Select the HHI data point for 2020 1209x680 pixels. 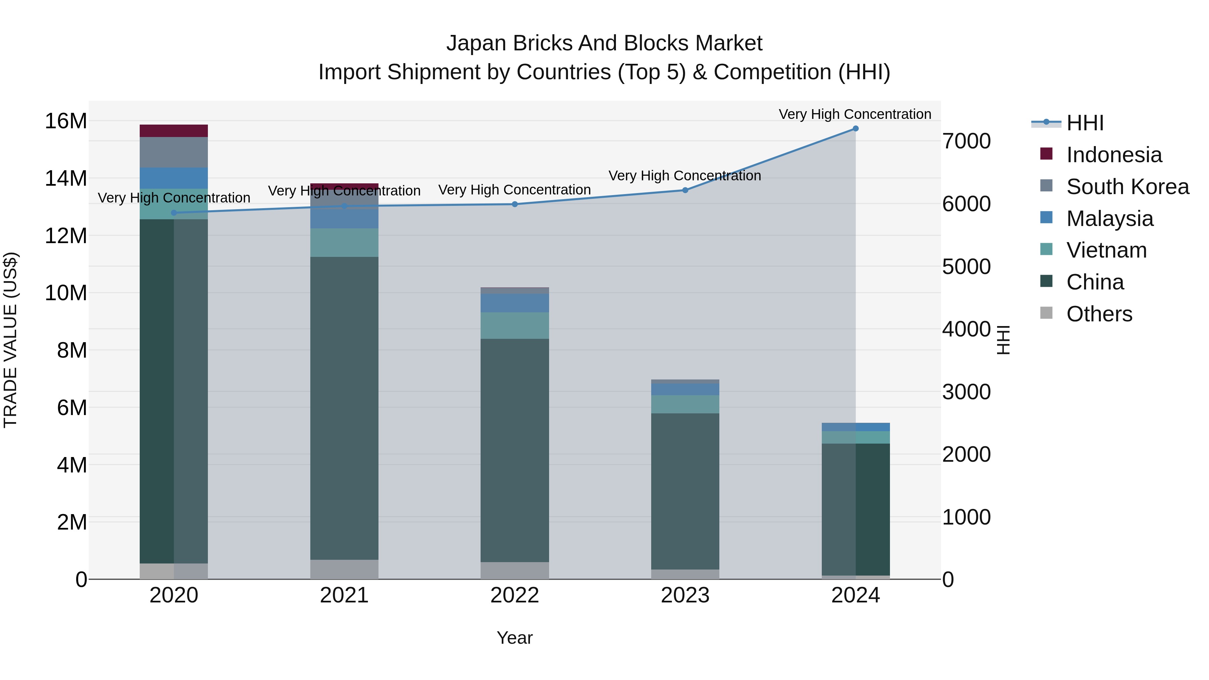(x=174, y=213)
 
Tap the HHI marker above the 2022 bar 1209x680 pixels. (x=515, y=204)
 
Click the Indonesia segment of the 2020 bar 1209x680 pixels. (x=174, y=131)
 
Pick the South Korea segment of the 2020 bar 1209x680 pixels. (x=174, y=152)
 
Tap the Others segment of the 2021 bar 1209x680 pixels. (x=344, y=569)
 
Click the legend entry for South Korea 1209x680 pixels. (x=1127, y=187)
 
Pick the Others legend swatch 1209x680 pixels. (x=1046, y=313)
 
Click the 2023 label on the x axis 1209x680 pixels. (x=685, y=595)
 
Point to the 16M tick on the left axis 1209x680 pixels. (x=66, y=121)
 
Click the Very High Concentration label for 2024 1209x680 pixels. (x=855, y=114)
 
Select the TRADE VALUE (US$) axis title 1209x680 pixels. (x=10, y=340)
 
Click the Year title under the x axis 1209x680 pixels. (x=514, y=638)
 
